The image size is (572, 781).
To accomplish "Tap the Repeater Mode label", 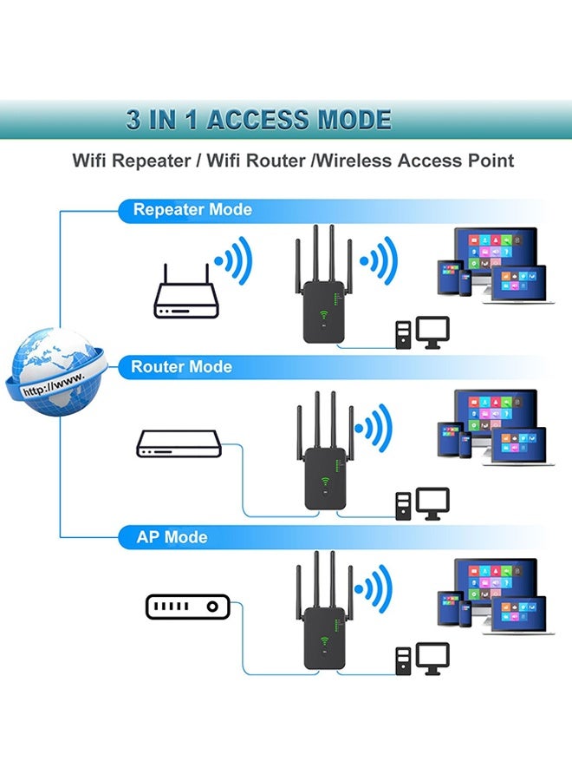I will [x=192, y=210].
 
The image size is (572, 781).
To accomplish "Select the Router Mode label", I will [x=181, y=367].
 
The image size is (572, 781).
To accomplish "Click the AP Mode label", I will [x=172, y=537].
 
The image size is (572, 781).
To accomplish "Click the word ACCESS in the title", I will [x=254, y=120].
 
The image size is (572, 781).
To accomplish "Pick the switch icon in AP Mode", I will [x=186, y=607].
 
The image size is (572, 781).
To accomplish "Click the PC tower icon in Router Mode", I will [x=403, y=506].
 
